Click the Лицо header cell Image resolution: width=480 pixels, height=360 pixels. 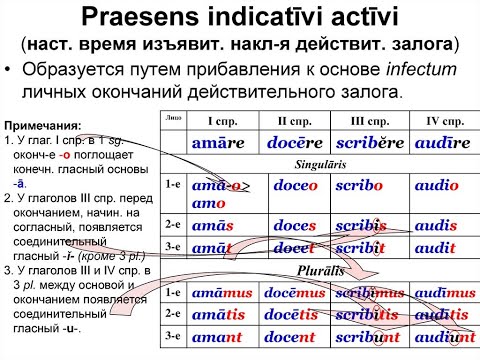click(x=172, y=118)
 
